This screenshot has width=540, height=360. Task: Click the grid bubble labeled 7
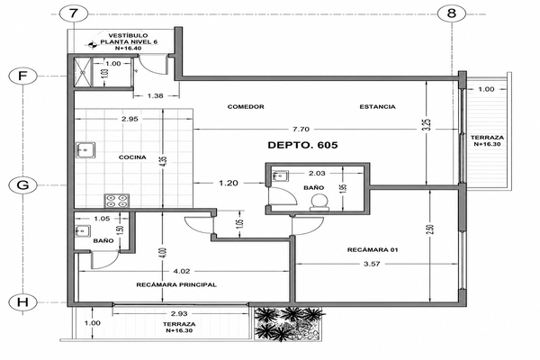tap(74, 13)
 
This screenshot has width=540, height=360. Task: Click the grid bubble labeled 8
tap(451, 13)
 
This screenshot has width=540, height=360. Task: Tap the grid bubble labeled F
tap(22, 76)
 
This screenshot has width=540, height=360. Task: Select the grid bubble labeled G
tap(22, 185)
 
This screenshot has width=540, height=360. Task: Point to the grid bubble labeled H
tap(22, 302)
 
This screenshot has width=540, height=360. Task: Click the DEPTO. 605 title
tap(302, 145)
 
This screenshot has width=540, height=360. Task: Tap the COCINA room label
tap(132, 157)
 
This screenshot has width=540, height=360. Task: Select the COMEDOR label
tap(246, 107)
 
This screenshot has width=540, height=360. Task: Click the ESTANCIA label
tap(377, 107)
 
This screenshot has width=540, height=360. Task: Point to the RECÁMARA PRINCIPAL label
tap(176, 285)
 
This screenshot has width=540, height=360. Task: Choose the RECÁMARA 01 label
tap(373, 250)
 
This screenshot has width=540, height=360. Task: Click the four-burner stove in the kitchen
tap(117, 201)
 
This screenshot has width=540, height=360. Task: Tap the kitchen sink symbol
tap(85, 150)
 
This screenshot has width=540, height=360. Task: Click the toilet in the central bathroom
tap(319, 202)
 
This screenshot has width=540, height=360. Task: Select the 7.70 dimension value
tap(301, 130)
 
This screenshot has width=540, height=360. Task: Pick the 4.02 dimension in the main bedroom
tap(182, 271)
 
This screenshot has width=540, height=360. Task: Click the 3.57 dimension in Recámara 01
tap(372, 265)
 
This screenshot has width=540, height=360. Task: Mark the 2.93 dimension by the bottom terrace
tap(179, 313)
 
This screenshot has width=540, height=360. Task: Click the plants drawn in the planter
tap(289, 324)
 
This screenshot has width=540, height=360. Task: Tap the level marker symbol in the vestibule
tap(93, 44)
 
